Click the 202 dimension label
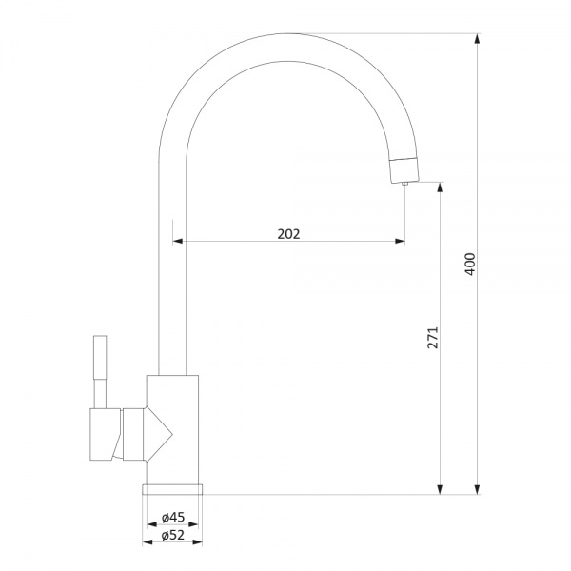tap(288, 234)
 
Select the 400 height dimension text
tap(470, 264)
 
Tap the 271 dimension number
tap(433, 338)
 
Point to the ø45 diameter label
tap(173, 517)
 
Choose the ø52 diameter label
tap(173, 535)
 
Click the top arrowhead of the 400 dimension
tap(477, 39)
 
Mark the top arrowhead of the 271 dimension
tap(440, 187)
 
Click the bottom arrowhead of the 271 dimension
tap(440, 489)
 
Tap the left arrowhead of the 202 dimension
tap(178, 241)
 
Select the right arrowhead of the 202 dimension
tap(400, 241)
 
